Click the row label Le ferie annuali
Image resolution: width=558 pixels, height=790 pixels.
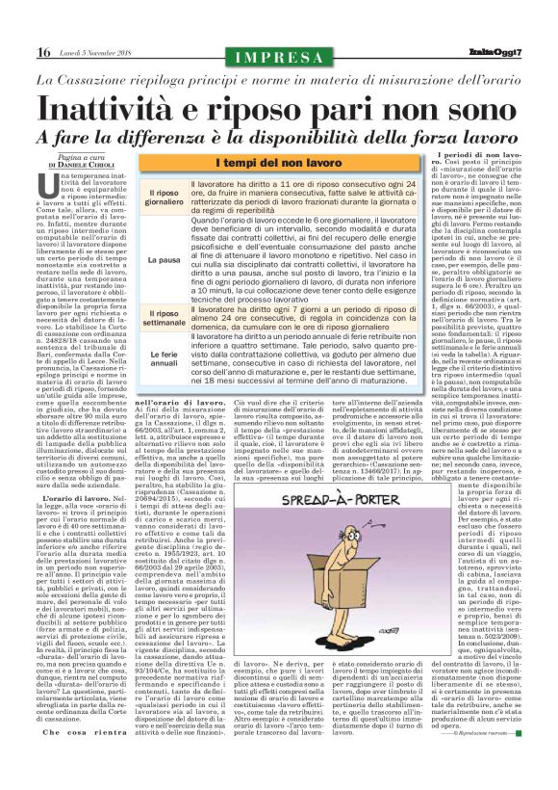161,359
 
